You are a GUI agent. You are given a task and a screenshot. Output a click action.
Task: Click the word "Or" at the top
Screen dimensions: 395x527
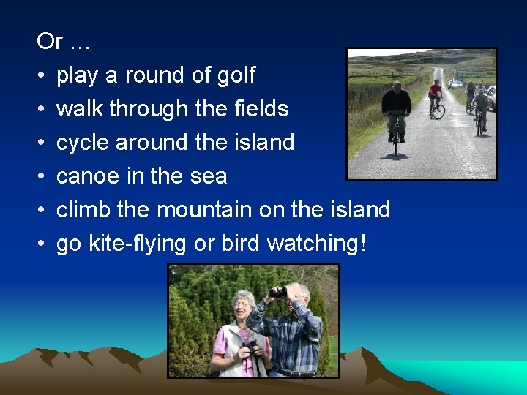(50, 42)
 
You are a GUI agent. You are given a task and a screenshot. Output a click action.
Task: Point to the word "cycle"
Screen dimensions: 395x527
(83, 143)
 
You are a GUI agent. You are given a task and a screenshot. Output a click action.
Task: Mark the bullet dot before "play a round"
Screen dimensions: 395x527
(42, 76)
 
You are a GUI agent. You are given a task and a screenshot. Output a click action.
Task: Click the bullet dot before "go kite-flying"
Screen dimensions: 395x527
(42, 244)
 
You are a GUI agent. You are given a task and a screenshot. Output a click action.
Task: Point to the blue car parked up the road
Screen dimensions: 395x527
(457, 83)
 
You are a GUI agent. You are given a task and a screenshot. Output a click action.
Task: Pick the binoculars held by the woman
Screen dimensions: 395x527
(251, 347)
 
